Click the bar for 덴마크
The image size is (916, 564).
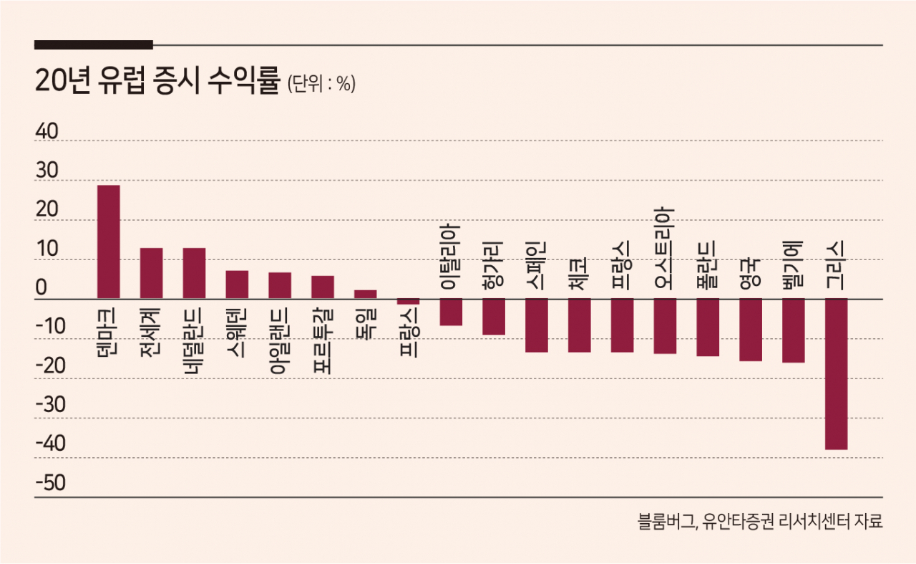(108, 242)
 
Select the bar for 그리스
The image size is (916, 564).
(836, 373)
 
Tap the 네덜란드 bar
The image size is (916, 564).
(194, 273)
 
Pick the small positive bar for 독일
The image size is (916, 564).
(365, 294)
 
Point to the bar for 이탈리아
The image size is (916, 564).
(451, 312)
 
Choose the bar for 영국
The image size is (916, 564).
(751, 329)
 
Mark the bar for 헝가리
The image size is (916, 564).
(494, 316)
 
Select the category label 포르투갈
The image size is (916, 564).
(323, 340)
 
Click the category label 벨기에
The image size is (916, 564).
(793, 265)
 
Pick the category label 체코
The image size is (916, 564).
(579, 273)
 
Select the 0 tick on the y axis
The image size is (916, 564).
(42, 288)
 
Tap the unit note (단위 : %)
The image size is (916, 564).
(321, 85)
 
